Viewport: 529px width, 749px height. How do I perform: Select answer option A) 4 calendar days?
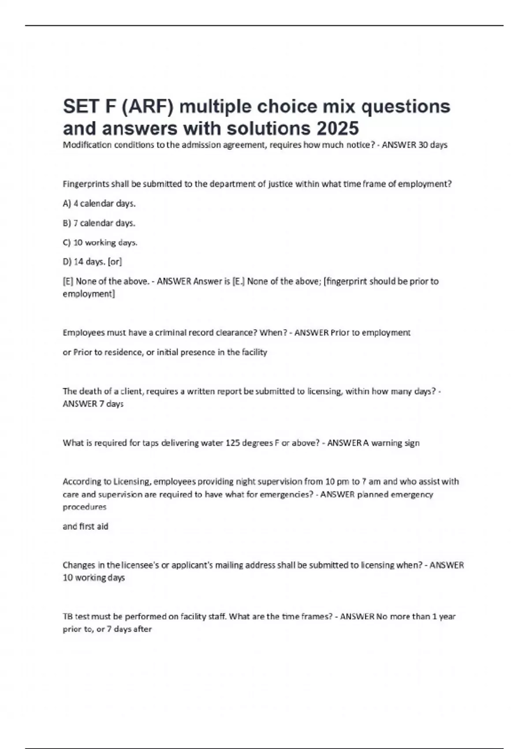tap(99, 204)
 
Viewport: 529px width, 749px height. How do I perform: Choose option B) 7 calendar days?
tap(99, 223)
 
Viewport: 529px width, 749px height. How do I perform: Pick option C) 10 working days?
tap(100, 242)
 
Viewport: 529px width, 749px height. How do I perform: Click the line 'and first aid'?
tap(86, 526)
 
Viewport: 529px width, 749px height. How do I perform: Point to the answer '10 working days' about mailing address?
tap(94, 578)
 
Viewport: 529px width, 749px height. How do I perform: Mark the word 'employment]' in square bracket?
tap(89, 294)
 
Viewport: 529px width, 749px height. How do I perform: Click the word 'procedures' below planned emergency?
tap(85, 507)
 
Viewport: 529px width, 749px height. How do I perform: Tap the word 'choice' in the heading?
tap(287, 107)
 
